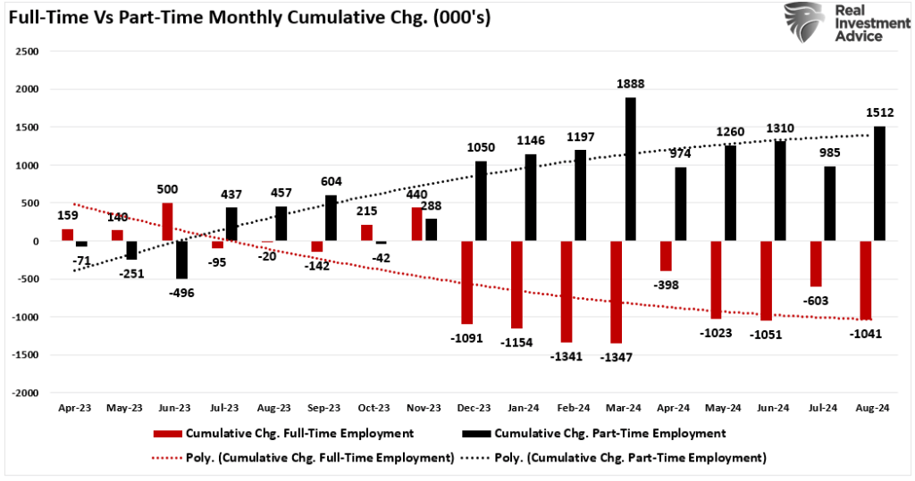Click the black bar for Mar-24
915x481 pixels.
631,170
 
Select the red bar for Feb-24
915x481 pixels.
567,292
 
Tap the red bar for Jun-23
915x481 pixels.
168,222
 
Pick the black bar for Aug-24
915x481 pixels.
880,184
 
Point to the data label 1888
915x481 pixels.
631,84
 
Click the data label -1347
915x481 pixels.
616,357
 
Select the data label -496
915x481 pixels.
180,293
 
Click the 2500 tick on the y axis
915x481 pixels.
28,52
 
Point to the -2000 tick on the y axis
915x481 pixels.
26,393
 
